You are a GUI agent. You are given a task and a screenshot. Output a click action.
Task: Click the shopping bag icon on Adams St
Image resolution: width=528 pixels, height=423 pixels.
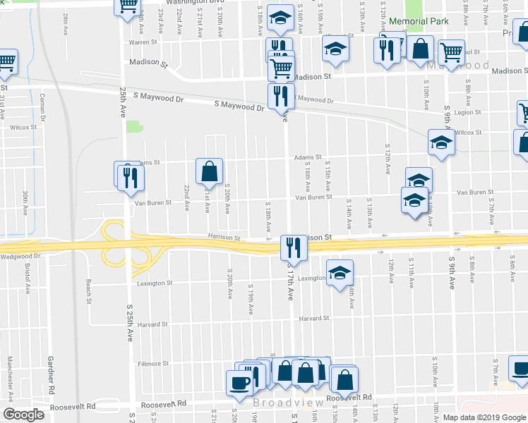pos(210,171)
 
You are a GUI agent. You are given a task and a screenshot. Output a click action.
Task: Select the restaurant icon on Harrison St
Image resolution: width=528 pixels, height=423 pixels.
pos(292,247)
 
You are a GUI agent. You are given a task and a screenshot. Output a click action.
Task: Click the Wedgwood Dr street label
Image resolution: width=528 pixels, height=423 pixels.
pos(21,257)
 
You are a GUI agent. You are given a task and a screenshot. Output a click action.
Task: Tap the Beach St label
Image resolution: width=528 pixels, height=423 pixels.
pos(89,290)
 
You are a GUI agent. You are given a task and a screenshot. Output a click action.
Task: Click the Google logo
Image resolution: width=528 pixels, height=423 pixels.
pos(24,415)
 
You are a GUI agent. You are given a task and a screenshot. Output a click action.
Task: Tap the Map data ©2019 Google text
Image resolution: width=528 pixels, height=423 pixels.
pos(484,417)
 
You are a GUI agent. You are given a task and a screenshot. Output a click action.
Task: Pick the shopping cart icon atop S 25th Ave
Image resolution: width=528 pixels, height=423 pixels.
pos(128,6)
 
